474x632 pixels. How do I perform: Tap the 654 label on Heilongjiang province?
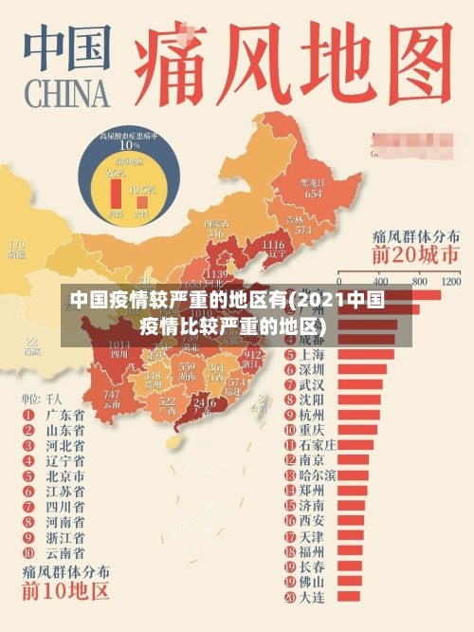pos(313,192)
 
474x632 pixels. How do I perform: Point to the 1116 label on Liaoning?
pos(272,245)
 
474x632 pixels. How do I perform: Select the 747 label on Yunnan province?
pos(112,394)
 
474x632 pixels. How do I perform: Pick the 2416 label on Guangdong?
pos(205,402)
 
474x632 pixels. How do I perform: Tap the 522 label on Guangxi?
pos(168,402)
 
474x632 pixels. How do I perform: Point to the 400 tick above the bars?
pos(381,282)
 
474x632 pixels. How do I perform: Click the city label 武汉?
pos(312,385)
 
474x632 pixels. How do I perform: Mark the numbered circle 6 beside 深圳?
pos(290,369)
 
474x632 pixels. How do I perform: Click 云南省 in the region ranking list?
pos(65,551)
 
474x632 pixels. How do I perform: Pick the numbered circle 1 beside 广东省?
pos(29,415)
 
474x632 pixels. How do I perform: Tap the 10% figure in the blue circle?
pos(129,145)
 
